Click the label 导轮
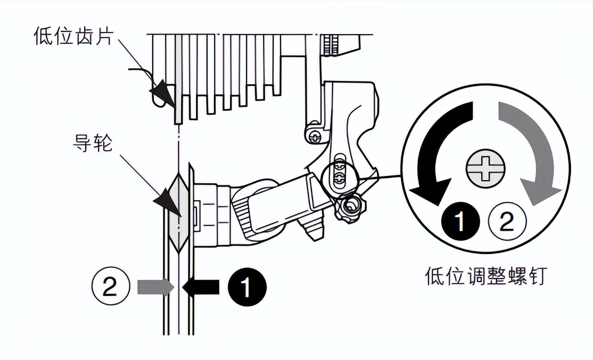pyautogui.click(x=92, y=143)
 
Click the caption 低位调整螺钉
pyautogui.click(x=485, y=276)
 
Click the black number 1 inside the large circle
pyautogui.click(x=460, y=222)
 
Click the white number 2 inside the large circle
pyautogui.click(x=507, y=222)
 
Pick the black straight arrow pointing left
pyautogui.click(x=201, y=287)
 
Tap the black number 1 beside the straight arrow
pyautogui.click(x=247, y=288)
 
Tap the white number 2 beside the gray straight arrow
pyautogui.click(x=111, y=288)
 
